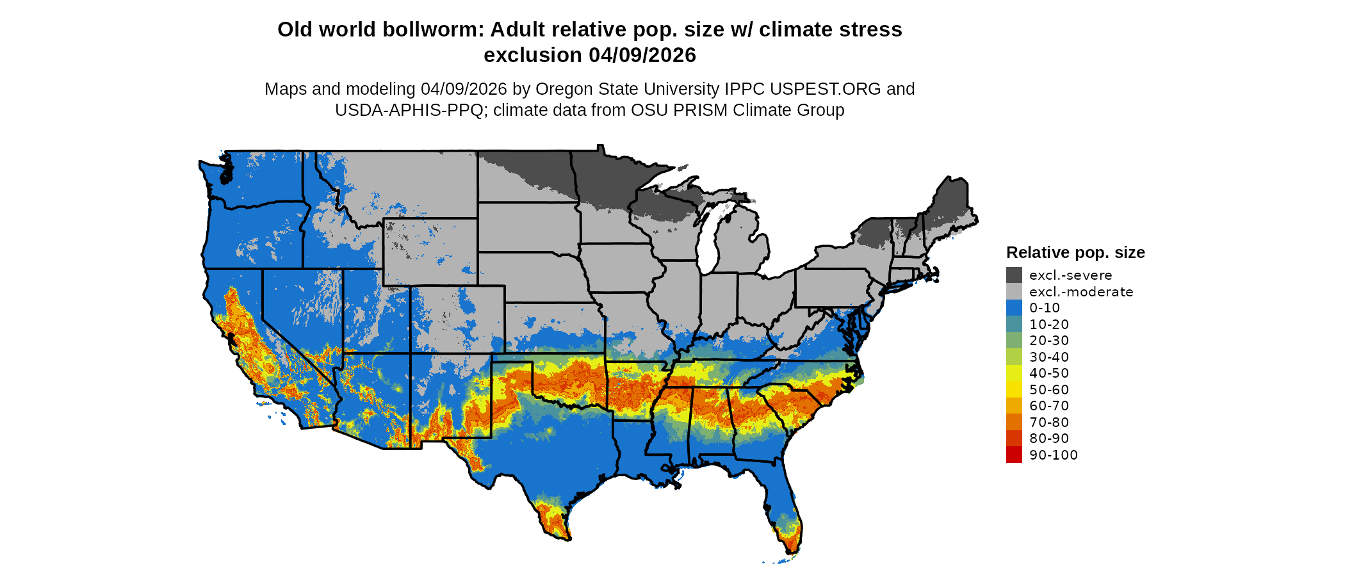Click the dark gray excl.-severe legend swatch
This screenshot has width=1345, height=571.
click(1014, 275)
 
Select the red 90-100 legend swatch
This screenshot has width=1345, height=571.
click(1014, 454)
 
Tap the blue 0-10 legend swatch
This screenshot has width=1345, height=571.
click(1014, 308)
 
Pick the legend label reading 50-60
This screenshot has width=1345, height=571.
click(1049, 389)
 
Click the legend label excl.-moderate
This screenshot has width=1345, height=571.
click(1081, 292)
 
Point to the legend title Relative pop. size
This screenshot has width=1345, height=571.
click(1075, 252)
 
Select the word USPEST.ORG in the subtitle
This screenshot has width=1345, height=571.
click(825, 89)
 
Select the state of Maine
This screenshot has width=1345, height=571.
click(951, 205)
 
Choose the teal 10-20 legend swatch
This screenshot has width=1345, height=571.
click(1014, 324)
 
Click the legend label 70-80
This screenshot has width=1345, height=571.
click(1049, 422)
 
